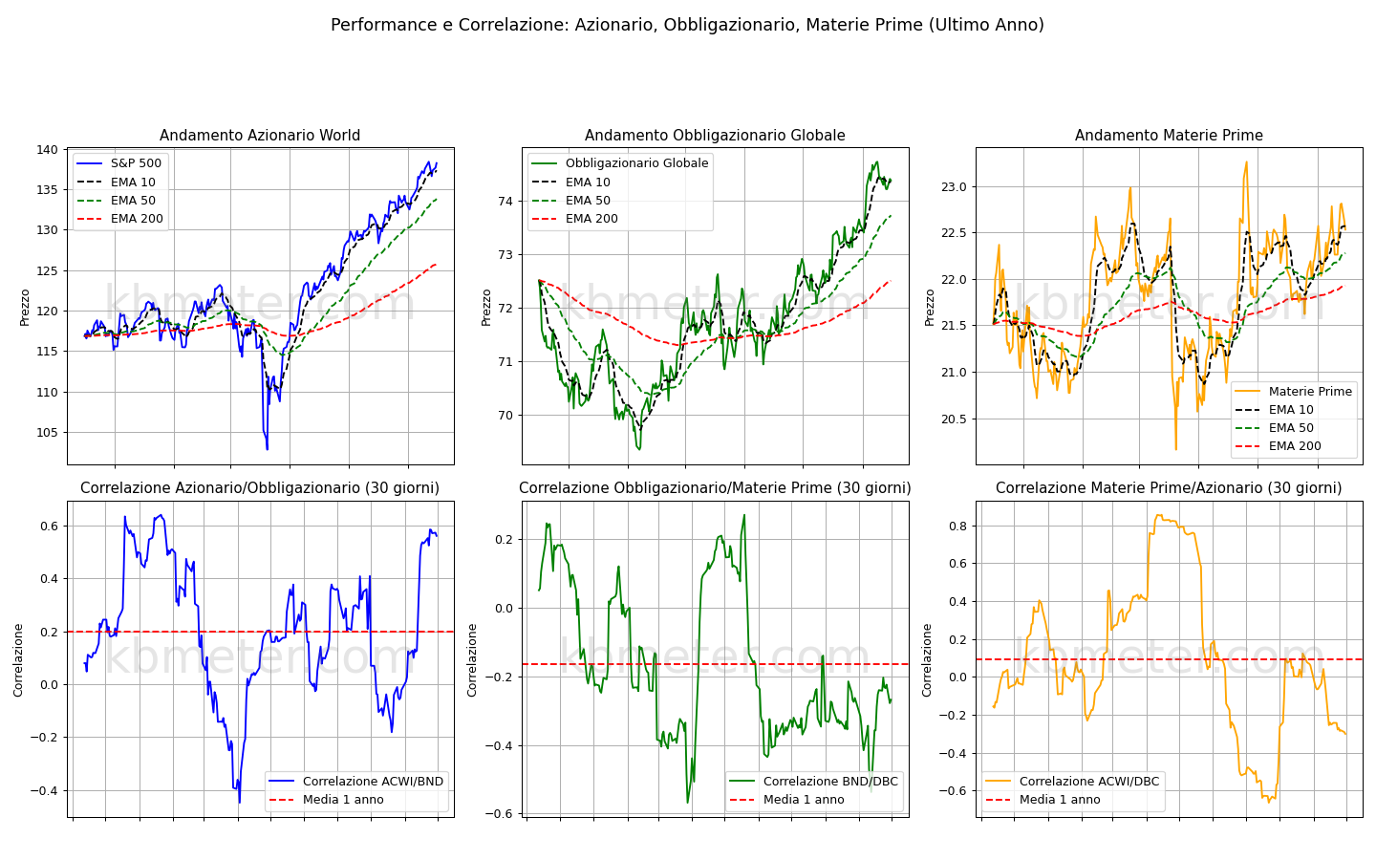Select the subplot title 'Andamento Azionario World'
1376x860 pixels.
pos(260,135)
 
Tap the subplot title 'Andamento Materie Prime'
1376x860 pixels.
pos(1169,135)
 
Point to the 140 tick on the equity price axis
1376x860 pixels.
pos(48,150)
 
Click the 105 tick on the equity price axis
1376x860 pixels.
pos(48,433)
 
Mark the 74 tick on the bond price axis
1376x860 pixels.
pos(505,201)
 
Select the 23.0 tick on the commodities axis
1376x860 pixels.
pos(954,186)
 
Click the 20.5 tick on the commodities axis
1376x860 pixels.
pos(954,419)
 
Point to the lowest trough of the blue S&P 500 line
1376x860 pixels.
pos(268,450)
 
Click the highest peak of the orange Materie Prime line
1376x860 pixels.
pos(1246,162)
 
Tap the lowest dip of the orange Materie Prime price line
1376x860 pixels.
pos(1175,450)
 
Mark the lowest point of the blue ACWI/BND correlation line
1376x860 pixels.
pos(239,803)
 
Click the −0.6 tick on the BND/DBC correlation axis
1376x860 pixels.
pos(500,814)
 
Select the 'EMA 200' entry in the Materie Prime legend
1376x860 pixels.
pos(1295,446)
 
